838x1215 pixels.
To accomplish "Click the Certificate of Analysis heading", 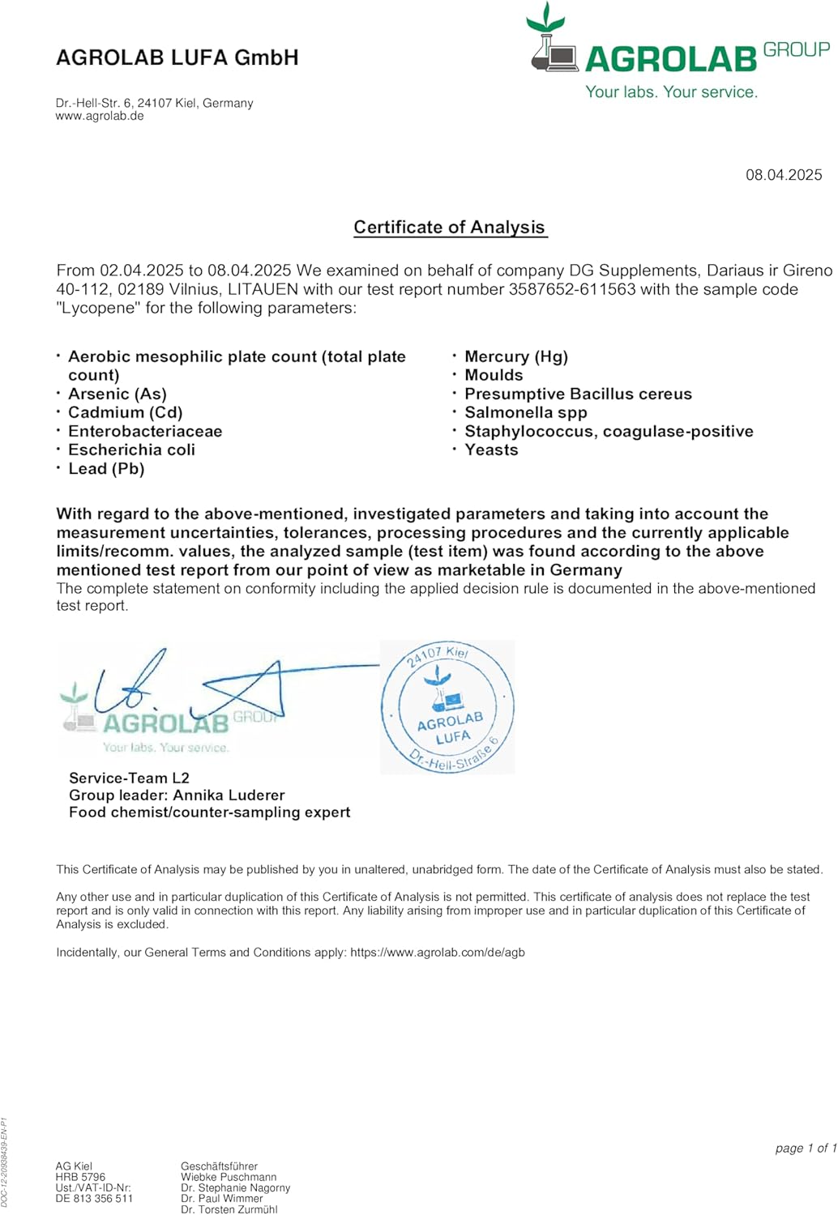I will pos(450,228).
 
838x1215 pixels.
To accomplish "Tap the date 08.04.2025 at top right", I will pos(784,175).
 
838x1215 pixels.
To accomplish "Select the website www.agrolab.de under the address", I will pos(100,116).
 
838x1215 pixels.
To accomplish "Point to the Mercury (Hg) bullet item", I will pos(516,356).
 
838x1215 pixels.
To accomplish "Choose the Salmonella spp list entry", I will pos(526,412).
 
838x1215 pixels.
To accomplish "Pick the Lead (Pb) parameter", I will pos(106,468).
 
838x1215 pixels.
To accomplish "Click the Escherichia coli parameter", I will pos(131,450).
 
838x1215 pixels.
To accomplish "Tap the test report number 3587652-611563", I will pos(572,289).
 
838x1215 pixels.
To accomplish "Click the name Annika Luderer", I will pos(229,795).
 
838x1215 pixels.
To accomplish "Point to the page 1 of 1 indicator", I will pos(805,1148).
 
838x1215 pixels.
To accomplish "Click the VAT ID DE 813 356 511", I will pos(94,1199).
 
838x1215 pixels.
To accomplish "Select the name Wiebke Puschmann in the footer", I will pos(229,1177).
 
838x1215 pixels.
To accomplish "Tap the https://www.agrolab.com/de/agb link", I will pos(438,953).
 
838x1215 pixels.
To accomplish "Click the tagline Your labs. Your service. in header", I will pos(672,92).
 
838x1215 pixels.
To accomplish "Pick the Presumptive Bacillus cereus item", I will pos(578,394).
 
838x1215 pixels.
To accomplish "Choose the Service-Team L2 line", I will pos(129,778).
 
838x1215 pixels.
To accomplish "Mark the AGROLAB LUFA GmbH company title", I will pos(177,58).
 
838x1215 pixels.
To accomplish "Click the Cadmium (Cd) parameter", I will pos(125,412).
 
